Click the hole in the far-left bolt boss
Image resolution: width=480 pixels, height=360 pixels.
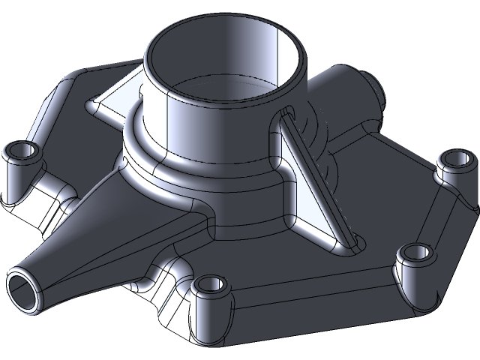pos(22,152)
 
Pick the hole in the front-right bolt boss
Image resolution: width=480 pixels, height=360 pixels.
pos(412,253)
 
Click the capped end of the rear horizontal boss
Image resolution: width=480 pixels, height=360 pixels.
pos(375,88)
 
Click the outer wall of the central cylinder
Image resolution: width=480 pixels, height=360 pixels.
pos(187,120)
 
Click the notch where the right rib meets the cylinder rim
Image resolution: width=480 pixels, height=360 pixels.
pos(287,114)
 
